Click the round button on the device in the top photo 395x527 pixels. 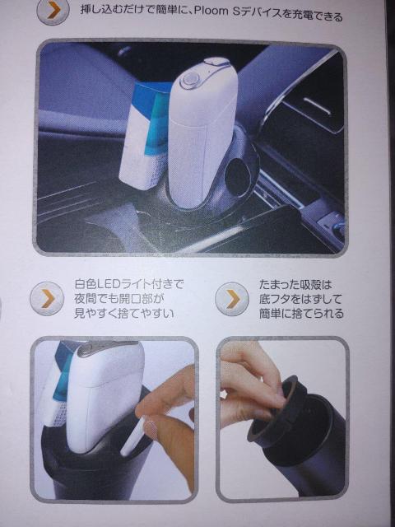(x=190, y=80)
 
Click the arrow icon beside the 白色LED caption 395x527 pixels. (x=47, y=298)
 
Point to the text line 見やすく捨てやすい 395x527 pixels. (x=126, y=315)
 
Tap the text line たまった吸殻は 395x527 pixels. (x=295, y=283)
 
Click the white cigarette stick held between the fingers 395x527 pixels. (x=132, y=436)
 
